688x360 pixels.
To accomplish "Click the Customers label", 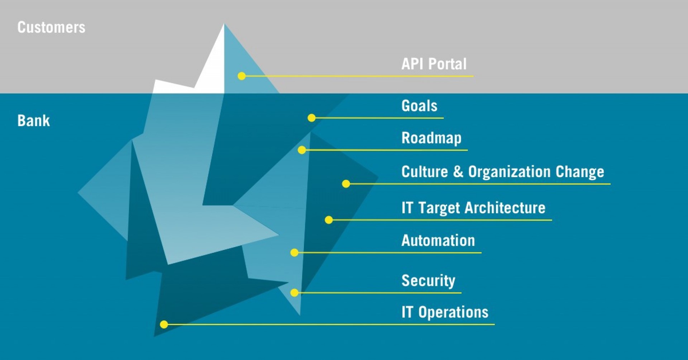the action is [x=51, y=28].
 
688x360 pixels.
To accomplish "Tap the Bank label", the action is [x=34, y=121].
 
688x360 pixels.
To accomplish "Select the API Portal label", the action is [x=434, y=64].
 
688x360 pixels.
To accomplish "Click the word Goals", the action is [x=419, y=106].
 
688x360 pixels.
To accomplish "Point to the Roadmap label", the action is [x=431, y=138].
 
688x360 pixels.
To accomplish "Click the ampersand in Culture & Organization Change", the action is [x=458, y=172].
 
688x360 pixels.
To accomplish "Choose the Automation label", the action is [x=438, y=241].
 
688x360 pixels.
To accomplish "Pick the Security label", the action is [x=428, y=281].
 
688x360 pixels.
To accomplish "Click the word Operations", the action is [x=453, y=313].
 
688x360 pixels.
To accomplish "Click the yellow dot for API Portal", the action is [x=242, y=76].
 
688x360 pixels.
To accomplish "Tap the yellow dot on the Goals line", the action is [x=312, y=118].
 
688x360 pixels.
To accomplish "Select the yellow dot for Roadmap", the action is [x=302, y=150].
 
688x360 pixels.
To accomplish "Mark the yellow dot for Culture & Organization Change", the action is [x=346, y=184].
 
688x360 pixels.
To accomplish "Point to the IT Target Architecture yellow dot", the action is [x=329, y=220].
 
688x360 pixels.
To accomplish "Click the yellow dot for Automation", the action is [x=294, y=253].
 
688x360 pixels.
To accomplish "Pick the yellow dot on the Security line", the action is [x=294, y=293].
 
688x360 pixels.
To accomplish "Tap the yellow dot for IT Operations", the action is [x=164, y=325].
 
